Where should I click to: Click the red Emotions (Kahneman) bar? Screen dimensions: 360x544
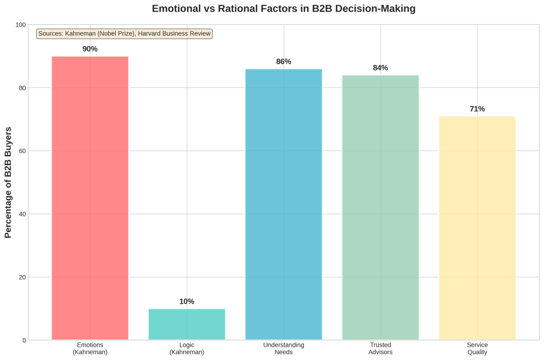(x=90, y=198)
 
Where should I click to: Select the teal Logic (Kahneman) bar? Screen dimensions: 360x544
(x=186, y=324)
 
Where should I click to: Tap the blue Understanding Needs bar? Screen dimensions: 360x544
(x=284, y=204)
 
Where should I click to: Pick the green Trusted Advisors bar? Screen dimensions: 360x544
(x=380, y=207)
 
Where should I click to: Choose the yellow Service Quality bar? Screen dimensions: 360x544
(x=477, y=228)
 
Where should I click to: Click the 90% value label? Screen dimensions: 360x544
(x=90, y=49)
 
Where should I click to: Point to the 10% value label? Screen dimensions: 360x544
(x=186, y=302)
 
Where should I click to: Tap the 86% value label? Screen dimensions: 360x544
(x=284, y=62)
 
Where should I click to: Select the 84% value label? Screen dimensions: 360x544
(x=380, y=68)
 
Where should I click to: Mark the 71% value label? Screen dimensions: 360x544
(x=477, y=109)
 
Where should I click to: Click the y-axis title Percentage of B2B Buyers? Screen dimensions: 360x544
(x=8, y=182)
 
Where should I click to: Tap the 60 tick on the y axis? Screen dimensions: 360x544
(x=22, y=151)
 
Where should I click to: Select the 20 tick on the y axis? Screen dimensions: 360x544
(x=22, y=277)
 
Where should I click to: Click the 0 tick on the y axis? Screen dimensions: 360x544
(x=23, y=340)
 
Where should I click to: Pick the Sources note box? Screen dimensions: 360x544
(x=124, y=34)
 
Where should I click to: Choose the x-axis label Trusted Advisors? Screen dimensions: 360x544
(x=380, y=348)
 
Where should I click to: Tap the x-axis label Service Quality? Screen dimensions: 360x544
(x=477, y=348)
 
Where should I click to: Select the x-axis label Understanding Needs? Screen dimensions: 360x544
(x=284, y=348)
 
